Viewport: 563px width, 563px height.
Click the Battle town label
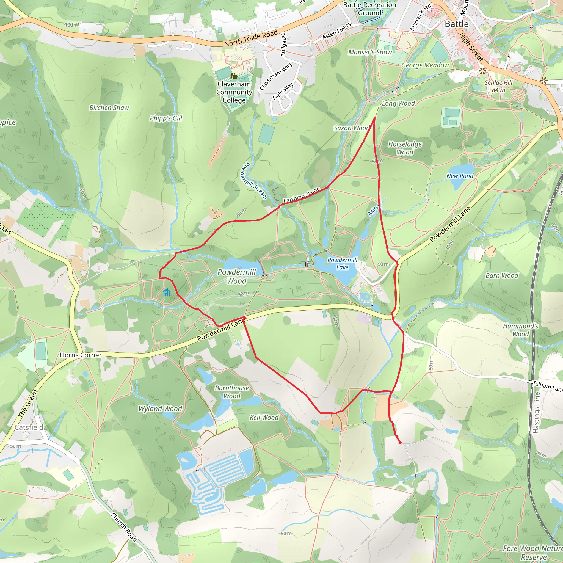point(457,24)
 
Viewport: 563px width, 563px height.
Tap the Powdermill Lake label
point(343,264)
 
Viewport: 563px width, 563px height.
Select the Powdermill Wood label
point(237,277)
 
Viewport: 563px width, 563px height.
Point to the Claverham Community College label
point(234,92)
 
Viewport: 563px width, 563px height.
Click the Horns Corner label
point(81,355)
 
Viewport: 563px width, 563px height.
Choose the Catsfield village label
point(29,427)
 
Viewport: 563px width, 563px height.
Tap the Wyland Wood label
point(160,409)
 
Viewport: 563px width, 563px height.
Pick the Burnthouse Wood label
point(232,392)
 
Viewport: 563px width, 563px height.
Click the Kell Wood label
point(264,418)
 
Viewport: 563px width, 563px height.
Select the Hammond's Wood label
point(520,330)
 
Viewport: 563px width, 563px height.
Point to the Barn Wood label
point(502,275)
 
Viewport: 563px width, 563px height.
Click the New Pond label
point(460,176)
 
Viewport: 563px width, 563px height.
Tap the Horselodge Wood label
point(405,148)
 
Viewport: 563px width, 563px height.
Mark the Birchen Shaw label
point(109,108)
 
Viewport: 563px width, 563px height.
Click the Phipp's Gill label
point(166,118)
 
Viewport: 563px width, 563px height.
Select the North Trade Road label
point(251,38)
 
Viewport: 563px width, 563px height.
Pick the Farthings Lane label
point(302,195)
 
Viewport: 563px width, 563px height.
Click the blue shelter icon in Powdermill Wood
point(166,292)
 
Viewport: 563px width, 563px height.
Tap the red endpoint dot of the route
point(400,442)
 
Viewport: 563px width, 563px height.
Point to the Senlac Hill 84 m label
point(498,86)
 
